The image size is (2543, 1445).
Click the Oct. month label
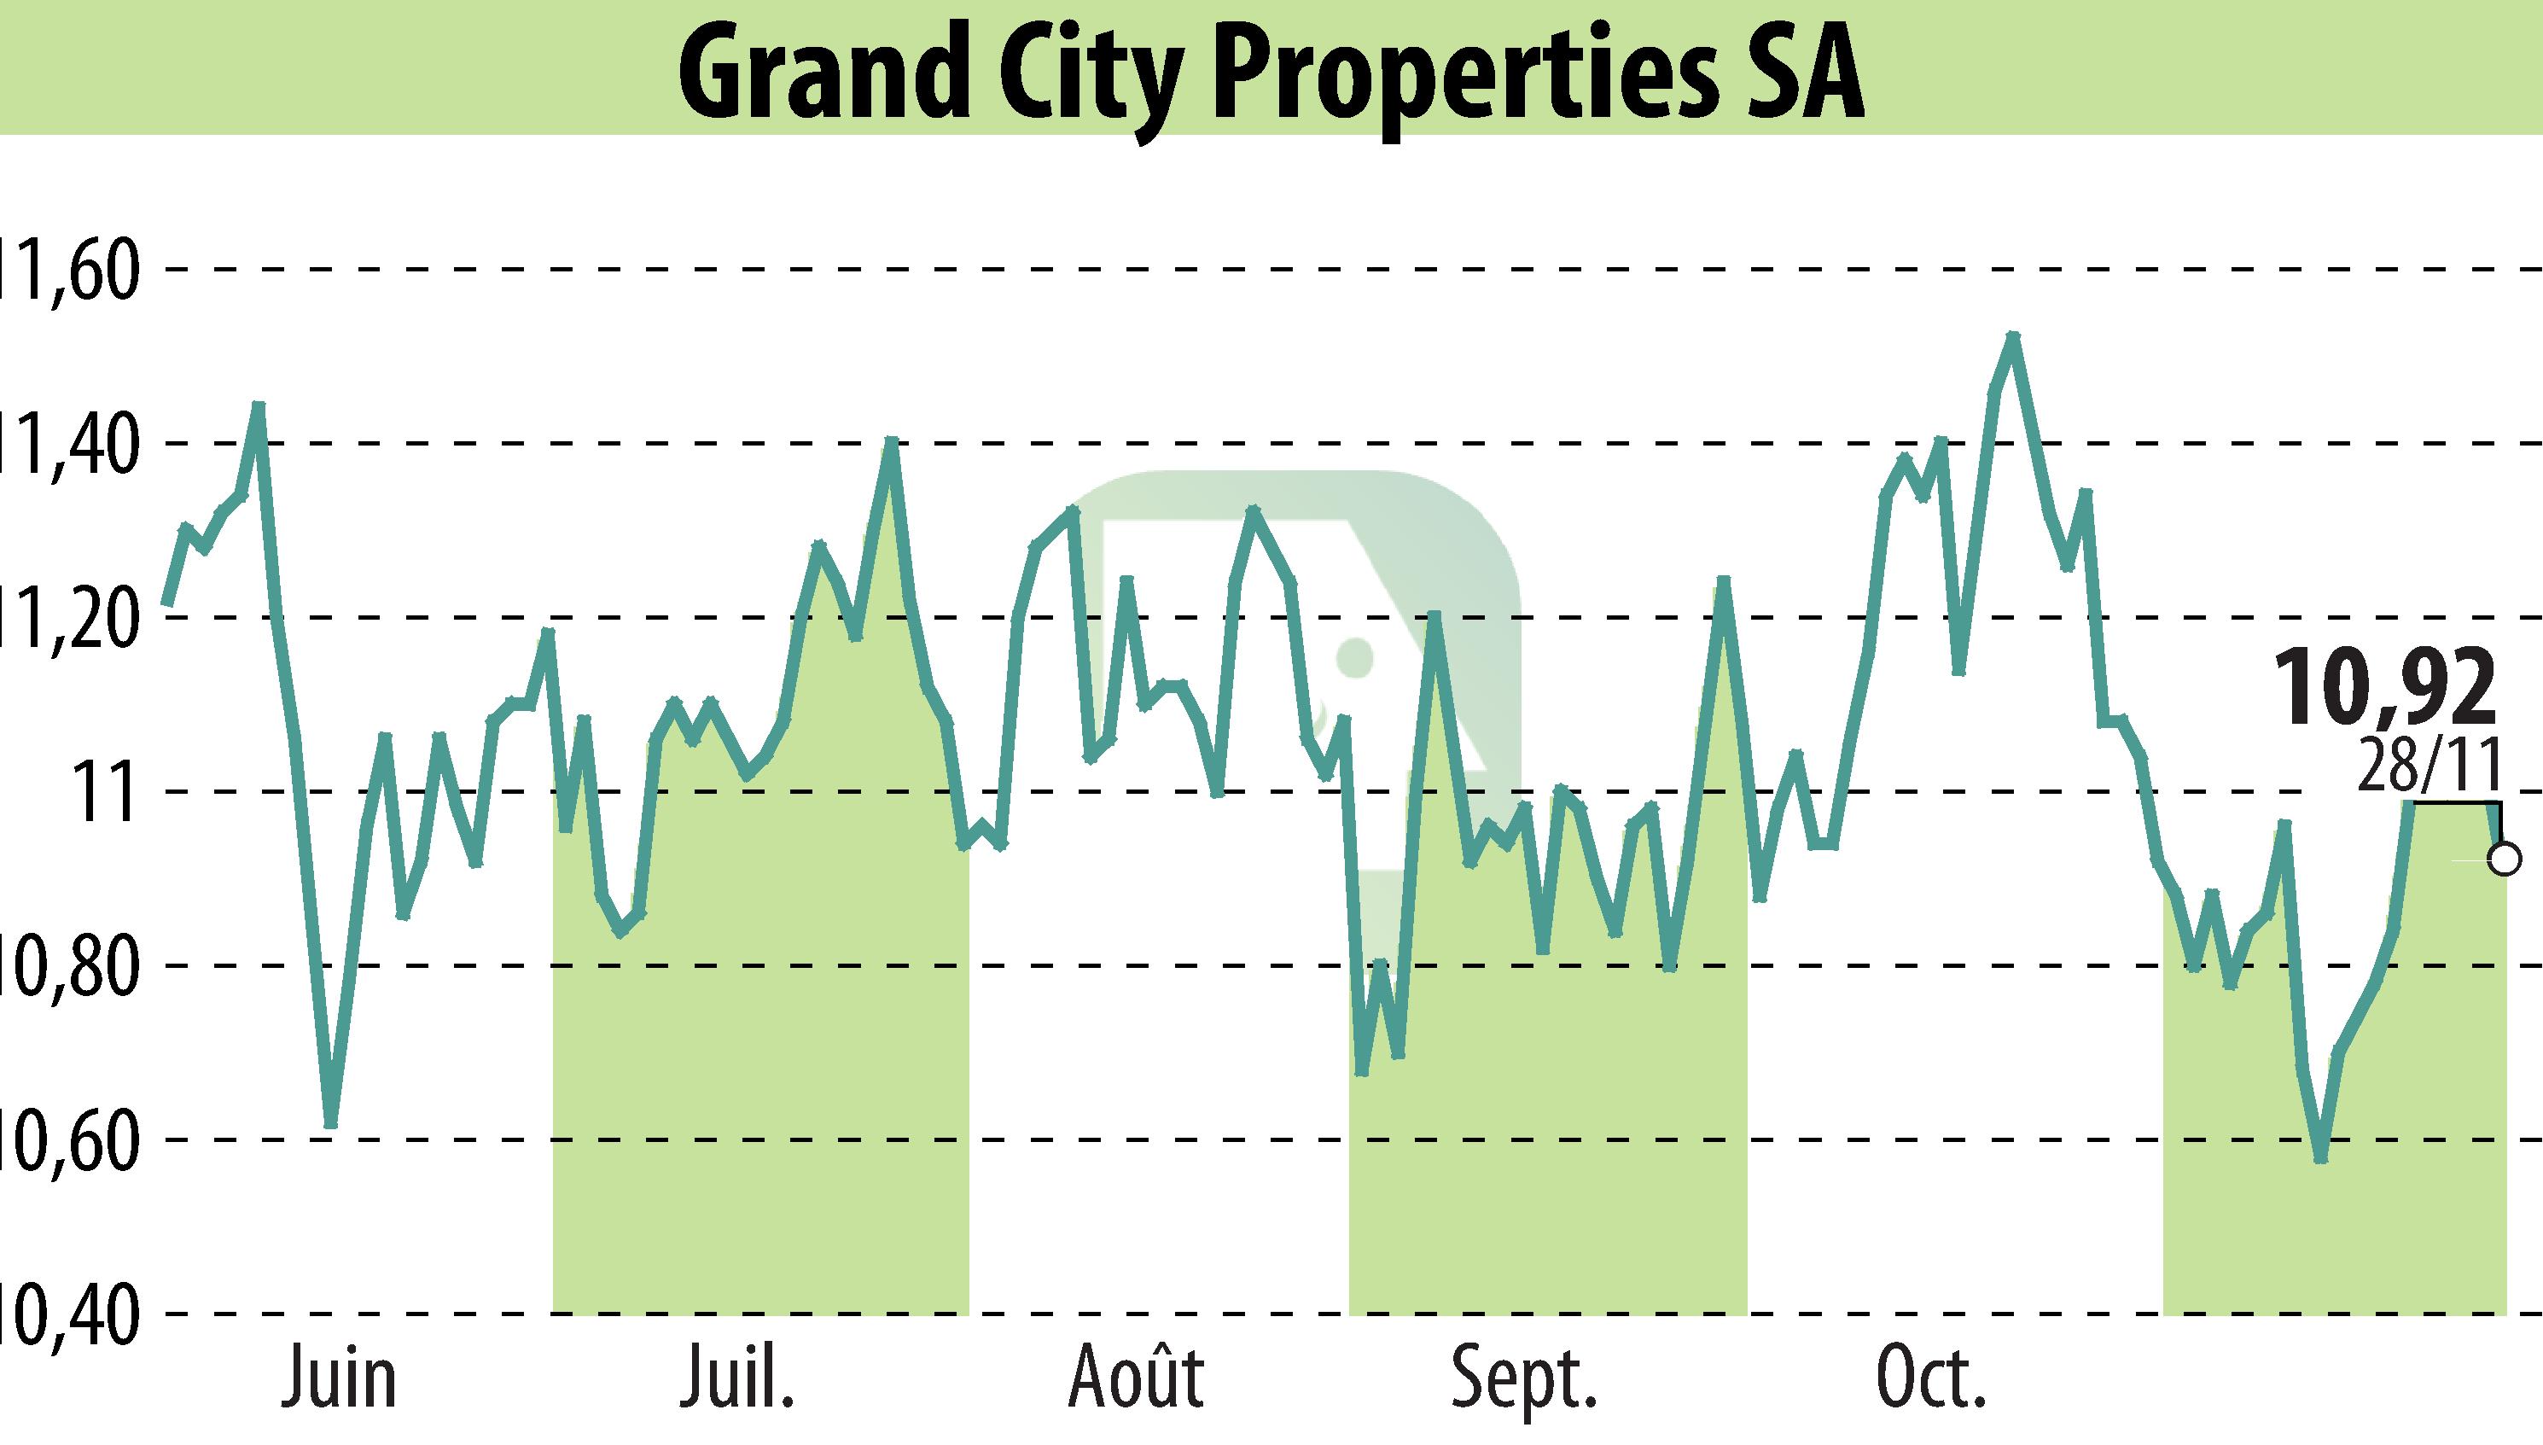[x=1929, y=1379]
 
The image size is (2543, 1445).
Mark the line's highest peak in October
[x=2012, y=336]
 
